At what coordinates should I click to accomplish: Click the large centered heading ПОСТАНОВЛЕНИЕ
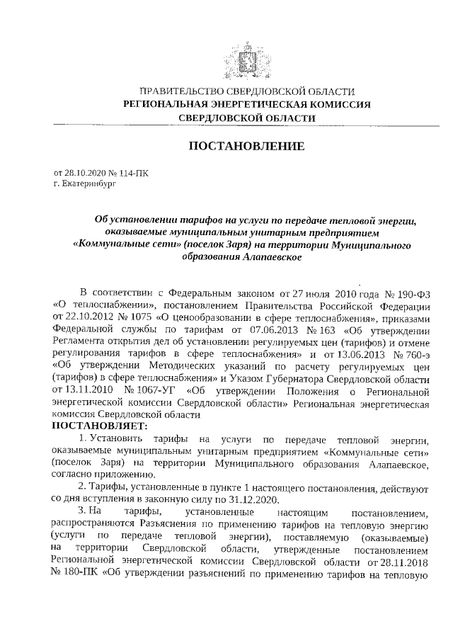pos(246,147)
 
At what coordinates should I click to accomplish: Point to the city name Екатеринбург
pos(88,182)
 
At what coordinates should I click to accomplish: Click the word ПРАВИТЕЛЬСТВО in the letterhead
pos(180,91)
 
